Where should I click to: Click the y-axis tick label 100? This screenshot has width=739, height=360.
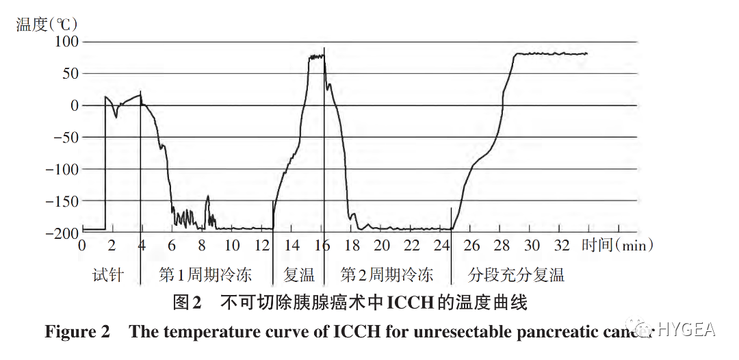[66, 42]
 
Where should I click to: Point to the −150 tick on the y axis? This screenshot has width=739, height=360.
[62, 201]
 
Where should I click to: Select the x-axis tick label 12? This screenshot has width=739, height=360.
[262, 245]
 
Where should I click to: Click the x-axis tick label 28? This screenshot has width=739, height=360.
[502, 245]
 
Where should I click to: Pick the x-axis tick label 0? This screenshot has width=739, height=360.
[82, 245]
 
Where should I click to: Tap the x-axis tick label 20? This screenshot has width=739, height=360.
[382, 245]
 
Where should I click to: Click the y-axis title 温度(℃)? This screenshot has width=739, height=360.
[47, 24]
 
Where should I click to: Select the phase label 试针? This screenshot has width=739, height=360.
[108, 275]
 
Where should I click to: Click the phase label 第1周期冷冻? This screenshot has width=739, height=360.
[205, 275]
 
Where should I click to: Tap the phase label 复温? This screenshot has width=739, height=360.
[299, 275]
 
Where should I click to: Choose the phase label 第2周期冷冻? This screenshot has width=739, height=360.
[387, 275]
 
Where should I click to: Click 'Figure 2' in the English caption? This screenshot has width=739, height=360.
[77, 332]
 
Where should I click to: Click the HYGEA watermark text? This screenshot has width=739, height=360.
[686, 329]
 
